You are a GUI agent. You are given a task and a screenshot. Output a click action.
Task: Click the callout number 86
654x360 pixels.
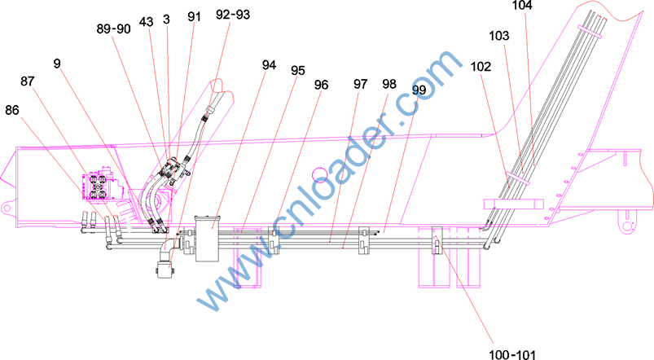tap(12, 110)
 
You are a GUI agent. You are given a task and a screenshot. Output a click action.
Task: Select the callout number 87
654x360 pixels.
tap(27, 81)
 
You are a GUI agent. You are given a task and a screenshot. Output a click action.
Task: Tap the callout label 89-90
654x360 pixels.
tap(113, 29)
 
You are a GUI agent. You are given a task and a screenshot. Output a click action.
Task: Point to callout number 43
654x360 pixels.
tap(146, 22)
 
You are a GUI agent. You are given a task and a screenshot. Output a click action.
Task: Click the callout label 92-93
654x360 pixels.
tap(233, 15)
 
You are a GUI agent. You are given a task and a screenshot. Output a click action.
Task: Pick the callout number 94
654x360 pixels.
tap(269, 65)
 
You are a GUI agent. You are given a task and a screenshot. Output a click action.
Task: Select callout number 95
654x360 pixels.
tap(298, 71)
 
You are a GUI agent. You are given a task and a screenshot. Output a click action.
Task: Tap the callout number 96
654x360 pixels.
tap(321, 85)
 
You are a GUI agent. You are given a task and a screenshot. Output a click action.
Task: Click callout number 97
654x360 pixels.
tap(360, 84)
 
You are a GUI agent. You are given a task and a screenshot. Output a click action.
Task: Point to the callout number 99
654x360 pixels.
tap(419, 90)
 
